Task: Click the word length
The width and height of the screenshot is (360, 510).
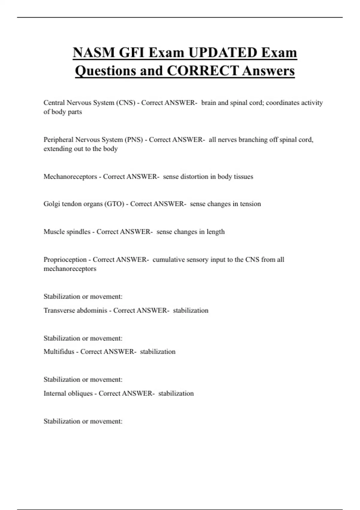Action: (215, 232)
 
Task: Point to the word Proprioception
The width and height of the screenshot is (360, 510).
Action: (65, 259)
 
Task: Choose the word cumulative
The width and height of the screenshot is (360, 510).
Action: (168, 259)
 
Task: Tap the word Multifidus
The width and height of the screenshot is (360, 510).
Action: (59, 352)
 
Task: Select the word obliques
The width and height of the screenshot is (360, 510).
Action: (80, 393)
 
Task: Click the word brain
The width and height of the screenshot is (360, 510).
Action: (208, 103)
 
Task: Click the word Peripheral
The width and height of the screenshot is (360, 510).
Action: (58, 140)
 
